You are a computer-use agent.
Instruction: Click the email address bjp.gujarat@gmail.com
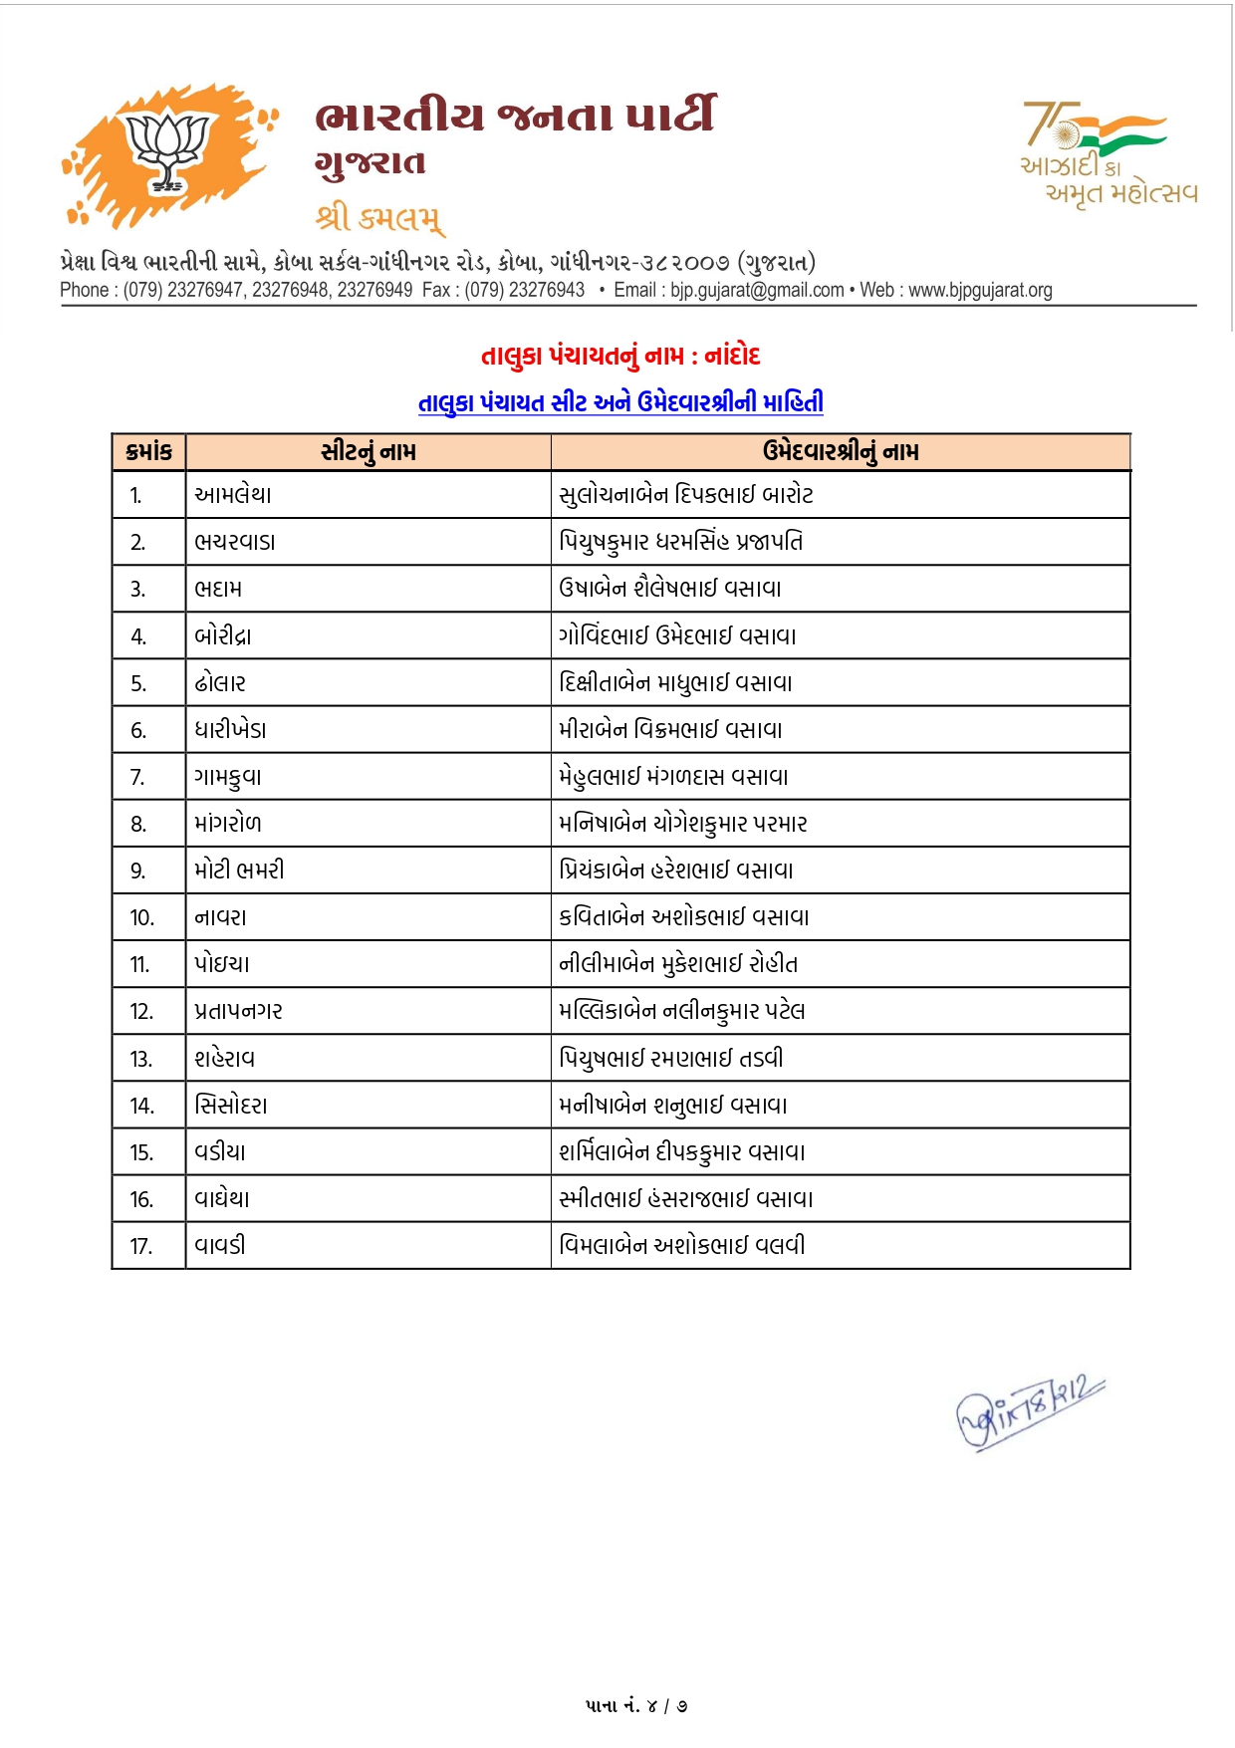[757, 290]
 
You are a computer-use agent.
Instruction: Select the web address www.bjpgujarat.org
[980, 290]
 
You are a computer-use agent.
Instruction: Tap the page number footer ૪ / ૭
[636, 1705]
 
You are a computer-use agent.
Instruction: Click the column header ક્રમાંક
[149, 452]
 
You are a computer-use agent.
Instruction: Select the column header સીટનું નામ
[369, 452]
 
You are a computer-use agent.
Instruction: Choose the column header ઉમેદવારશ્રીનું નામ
[841, 452]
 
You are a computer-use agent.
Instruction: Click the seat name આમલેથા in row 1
[233, 495]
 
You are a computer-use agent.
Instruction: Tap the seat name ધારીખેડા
[230, 730]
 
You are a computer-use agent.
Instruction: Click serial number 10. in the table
[142, 917]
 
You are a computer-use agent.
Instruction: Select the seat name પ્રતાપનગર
[238, 1011]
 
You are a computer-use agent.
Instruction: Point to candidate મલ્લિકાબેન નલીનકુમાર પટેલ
[682, 1011]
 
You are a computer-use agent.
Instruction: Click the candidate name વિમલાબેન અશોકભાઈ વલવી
[682, 1245]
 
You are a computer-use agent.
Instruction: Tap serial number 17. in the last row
[141, 1246]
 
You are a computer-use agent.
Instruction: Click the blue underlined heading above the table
[620, 402]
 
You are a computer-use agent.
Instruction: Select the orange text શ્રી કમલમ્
[379, 217]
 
